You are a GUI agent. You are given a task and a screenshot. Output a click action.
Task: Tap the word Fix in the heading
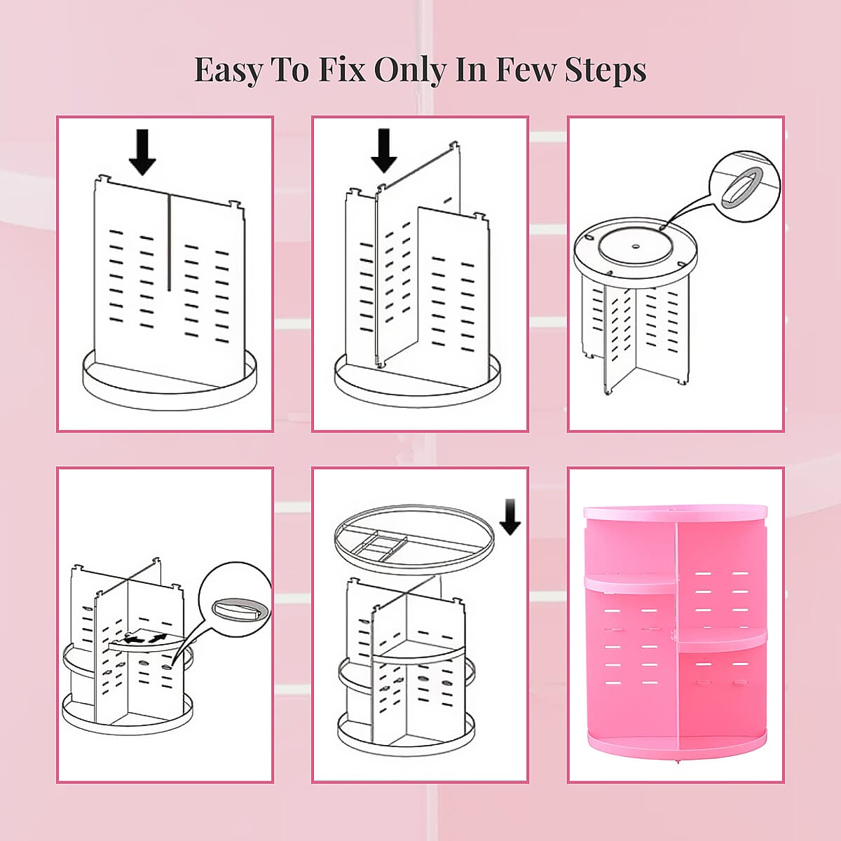[342, 70]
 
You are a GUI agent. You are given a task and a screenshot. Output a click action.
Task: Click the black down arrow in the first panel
[142, 151]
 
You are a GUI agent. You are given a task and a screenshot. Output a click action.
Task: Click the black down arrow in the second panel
[383, 150]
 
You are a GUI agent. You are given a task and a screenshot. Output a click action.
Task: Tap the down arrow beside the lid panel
[510, 517]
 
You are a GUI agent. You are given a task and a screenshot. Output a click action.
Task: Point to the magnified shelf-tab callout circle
[235, 599]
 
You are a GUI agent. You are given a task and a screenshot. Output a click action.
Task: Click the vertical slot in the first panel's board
[169, 242]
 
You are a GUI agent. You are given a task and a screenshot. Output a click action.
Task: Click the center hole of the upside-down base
[634, 247]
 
